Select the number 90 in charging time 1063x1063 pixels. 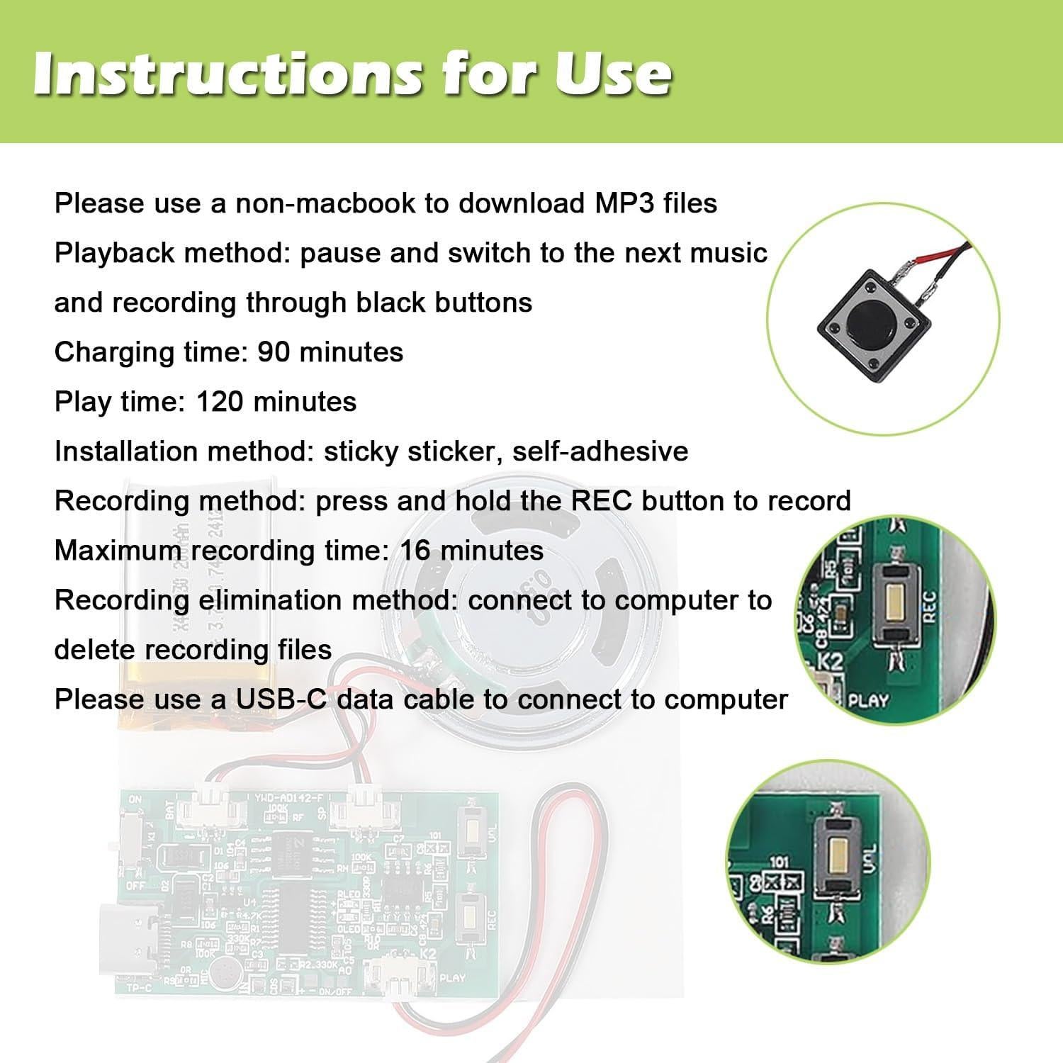click(x=273, y=352)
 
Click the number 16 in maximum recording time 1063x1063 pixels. click(x=415, y=551)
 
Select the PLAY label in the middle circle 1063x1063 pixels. click(x=868, y=701)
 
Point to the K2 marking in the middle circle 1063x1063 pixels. click(x=831, y=661)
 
